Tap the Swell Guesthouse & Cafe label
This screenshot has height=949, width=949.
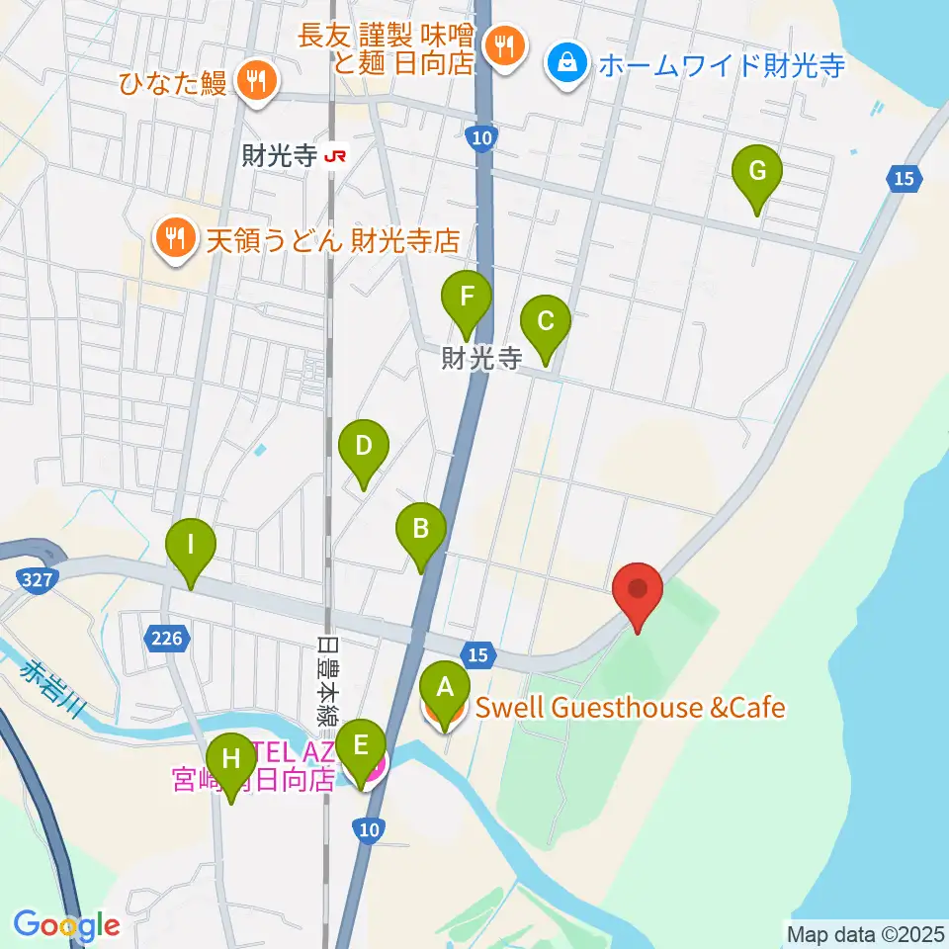(630, 708)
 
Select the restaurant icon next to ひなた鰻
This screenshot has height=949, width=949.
(256, 80)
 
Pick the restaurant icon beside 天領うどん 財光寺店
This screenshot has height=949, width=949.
(175, 239)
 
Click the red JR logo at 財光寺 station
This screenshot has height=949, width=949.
(337, 155)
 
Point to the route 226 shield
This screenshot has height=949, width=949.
(166, 639)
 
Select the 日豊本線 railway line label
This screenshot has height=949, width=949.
(326, 682)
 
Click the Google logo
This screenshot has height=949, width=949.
(66, 925)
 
